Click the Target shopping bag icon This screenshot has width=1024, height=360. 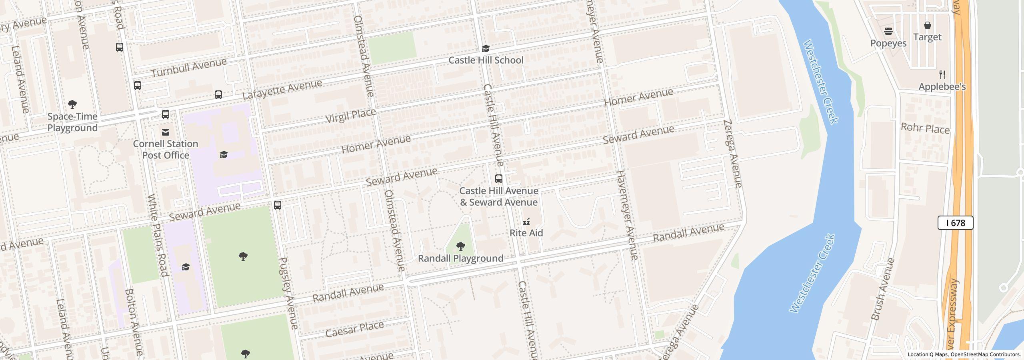point(927,25)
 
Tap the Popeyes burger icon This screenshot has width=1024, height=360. point(888,31)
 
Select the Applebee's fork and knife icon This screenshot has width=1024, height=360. point(942,75)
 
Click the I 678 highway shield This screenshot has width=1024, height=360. point(955,223)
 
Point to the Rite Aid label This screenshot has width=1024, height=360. point(526,233)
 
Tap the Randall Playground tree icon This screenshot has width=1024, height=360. point(460,246)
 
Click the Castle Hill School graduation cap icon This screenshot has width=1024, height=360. point(486,49)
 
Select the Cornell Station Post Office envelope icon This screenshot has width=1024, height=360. point(165,132)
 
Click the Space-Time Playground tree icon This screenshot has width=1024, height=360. point(72,105)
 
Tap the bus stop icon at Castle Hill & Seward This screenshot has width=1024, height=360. point(499,178)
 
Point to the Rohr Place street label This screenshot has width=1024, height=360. point(925,129)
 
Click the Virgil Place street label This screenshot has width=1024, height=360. point(350,115)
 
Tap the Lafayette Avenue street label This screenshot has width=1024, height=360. point(282,90)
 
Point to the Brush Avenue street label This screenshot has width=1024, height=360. point(882,289)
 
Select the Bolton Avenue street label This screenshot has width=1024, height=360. point(134,322)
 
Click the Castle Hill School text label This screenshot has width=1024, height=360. point(486,60)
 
